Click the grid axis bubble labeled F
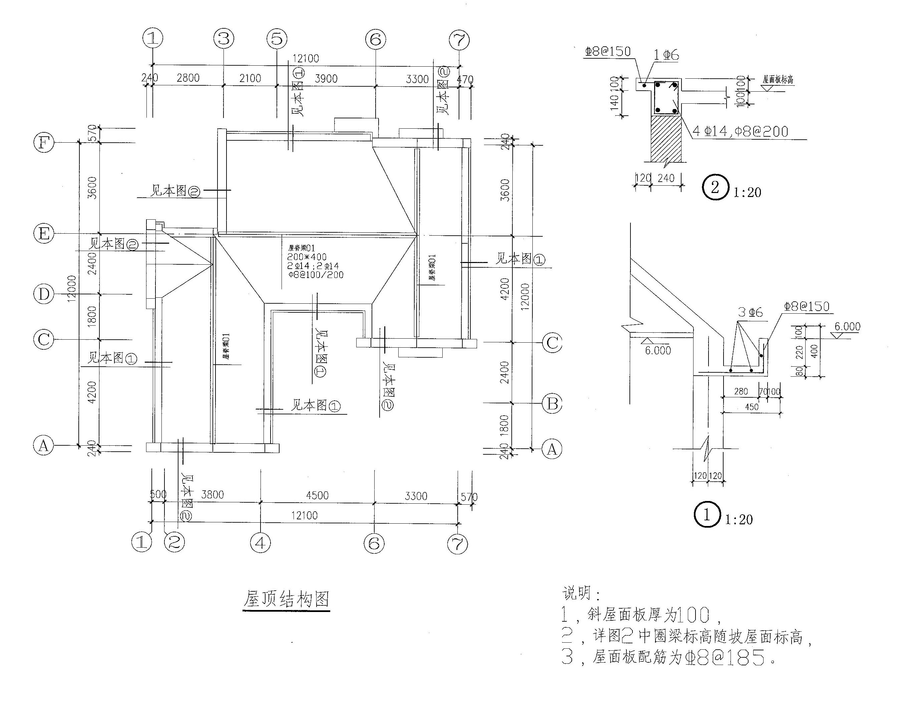[44, 143]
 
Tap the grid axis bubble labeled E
[44, 233]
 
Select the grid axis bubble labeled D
[44, 294]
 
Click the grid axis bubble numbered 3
[224, 39]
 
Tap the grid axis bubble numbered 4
[261, 543]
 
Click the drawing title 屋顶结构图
[286, 599]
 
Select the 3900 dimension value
[326, 79]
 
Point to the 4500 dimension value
[318, 495]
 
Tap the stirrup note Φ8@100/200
[316, 275]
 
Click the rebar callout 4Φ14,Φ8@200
[740, 132]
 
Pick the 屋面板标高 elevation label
[778, 79]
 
